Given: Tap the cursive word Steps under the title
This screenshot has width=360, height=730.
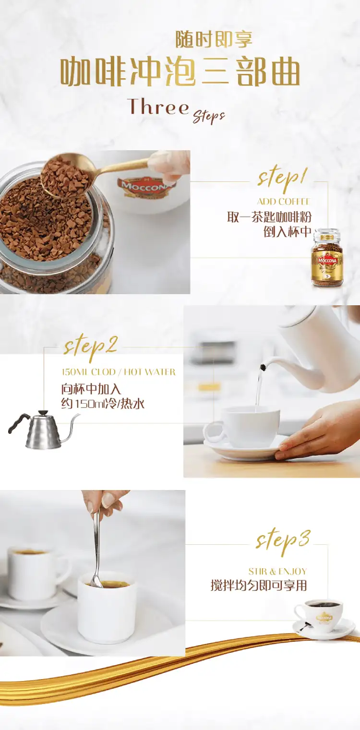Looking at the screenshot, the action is pyautogui.click(x=209, y=117).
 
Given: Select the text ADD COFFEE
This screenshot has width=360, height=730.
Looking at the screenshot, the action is pyautogui.click(x=283, y=202).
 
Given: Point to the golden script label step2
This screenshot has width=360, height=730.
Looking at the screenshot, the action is pyautogui.click(x=90, y=347).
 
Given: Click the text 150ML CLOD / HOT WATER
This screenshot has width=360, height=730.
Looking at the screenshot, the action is pyautogui.click(x=119, y=372).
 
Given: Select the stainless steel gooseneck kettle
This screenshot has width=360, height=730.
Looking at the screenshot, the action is pyautogui.click(x=43, y=430).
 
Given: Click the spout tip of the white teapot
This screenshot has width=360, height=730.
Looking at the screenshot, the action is pyautogui.click(x=262, y=368).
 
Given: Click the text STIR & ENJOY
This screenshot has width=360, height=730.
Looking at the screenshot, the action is pyautogui.click(x=277, y=571).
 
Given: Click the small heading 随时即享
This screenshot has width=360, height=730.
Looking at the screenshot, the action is pyautogui.click(x=214, y=39).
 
